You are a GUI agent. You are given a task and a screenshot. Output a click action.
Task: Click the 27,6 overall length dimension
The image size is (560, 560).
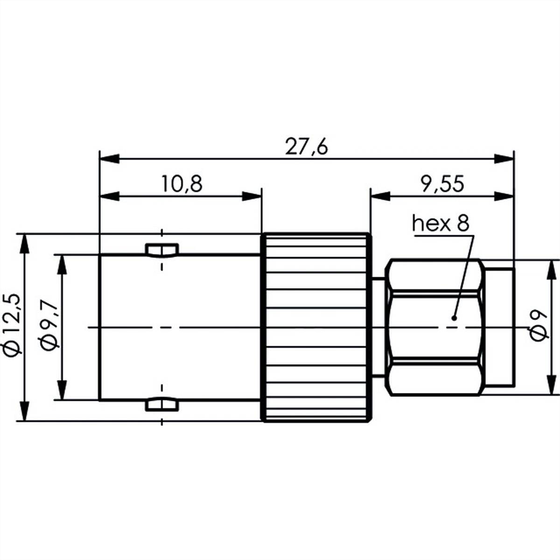click(307, 147)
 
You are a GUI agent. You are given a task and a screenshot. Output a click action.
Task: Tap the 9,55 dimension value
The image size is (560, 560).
click(441, 184)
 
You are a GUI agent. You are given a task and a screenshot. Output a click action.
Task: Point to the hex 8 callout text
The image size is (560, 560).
click(440, 224)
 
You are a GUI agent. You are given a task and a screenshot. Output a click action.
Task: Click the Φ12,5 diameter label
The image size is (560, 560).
click(12, 327)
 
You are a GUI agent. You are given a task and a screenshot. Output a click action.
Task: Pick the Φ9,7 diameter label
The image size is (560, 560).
click(49, 327)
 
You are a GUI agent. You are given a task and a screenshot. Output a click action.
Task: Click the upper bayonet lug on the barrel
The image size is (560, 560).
click(161, 251)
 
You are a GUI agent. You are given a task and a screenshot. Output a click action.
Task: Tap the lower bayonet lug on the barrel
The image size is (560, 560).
click(161, 404)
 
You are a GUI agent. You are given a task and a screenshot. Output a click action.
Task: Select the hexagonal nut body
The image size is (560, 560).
click(434, 327)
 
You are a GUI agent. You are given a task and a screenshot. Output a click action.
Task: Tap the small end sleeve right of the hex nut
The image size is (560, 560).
click(499, 327)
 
